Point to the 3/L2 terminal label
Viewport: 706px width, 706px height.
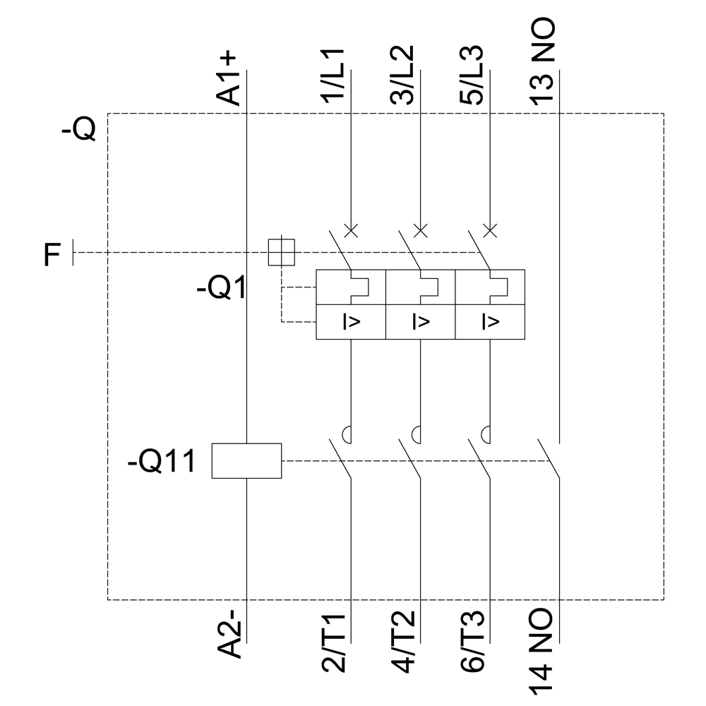coord(402,77)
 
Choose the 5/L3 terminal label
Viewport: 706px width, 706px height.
coord(472,77)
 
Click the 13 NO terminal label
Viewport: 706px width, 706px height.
coord(542,62)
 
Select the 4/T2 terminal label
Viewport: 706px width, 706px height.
coord(402,642)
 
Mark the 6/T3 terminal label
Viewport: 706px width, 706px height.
coord(472,642)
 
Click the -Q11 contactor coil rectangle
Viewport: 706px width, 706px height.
coord(246,460)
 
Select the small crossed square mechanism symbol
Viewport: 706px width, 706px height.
coord(281,252)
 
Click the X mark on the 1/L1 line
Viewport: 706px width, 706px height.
coord(351,230)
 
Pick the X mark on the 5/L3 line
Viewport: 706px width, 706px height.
coord(490,230)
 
